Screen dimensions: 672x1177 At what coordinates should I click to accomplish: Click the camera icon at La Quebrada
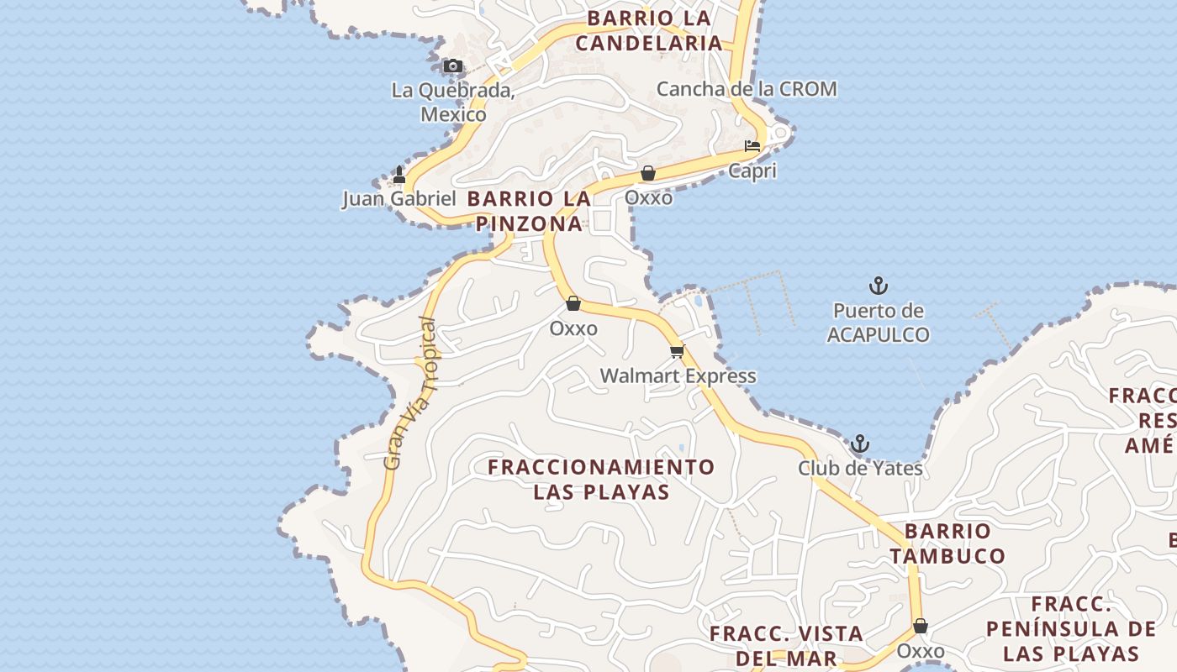pos(453,66)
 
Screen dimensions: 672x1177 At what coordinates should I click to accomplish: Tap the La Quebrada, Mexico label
pos(453,102)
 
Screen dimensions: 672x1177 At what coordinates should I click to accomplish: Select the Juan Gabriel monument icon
pos(399,175)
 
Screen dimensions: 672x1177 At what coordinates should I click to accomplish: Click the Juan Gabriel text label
pos(398,199)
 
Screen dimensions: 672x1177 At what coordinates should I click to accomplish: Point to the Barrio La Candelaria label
pos(648,30)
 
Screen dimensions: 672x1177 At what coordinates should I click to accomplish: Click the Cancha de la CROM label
pos(746,89)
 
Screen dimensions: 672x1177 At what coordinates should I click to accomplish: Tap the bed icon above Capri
pos(752,146)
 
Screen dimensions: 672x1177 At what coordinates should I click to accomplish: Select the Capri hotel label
pos(752,171)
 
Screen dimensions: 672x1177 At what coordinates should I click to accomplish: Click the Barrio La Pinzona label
pos(530,211)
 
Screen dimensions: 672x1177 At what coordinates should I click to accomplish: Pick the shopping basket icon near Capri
pos(648,173)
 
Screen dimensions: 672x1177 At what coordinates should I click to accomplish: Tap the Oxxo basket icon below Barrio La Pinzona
pos(573,303)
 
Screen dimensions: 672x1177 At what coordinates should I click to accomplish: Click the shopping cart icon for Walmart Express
pos(678,351)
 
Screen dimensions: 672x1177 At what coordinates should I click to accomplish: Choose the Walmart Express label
pos(678,376)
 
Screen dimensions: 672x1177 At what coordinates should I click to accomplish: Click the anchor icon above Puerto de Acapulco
pos(879,286)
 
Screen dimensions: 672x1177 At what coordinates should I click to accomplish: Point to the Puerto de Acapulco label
pos(879,323)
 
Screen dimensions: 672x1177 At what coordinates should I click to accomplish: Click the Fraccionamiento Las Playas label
pos(602,479)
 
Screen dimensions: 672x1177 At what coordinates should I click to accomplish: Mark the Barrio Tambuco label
pos(947,543)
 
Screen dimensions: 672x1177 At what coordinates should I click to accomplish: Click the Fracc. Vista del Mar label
pos(786,645)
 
